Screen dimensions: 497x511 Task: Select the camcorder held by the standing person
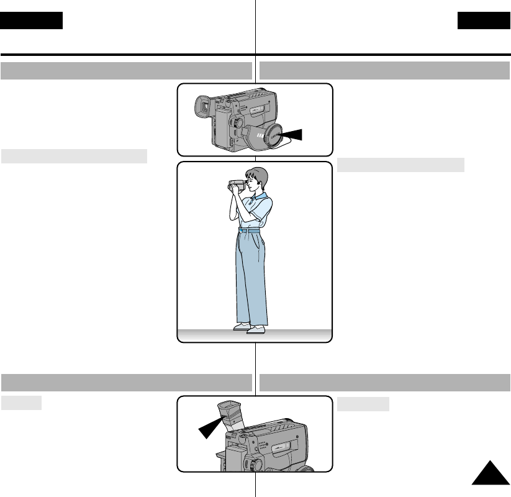click(237, 185)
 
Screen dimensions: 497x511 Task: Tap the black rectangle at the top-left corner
click(32, 21)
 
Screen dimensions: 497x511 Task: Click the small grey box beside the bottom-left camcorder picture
click(21, 403)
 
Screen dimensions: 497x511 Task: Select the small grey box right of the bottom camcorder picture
click(363, 404)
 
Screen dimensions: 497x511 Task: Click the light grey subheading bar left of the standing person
click(74, 155)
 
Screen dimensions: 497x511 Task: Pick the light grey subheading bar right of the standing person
click(401, 165)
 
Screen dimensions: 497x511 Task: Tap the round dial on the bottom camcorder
click(255, 463)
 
